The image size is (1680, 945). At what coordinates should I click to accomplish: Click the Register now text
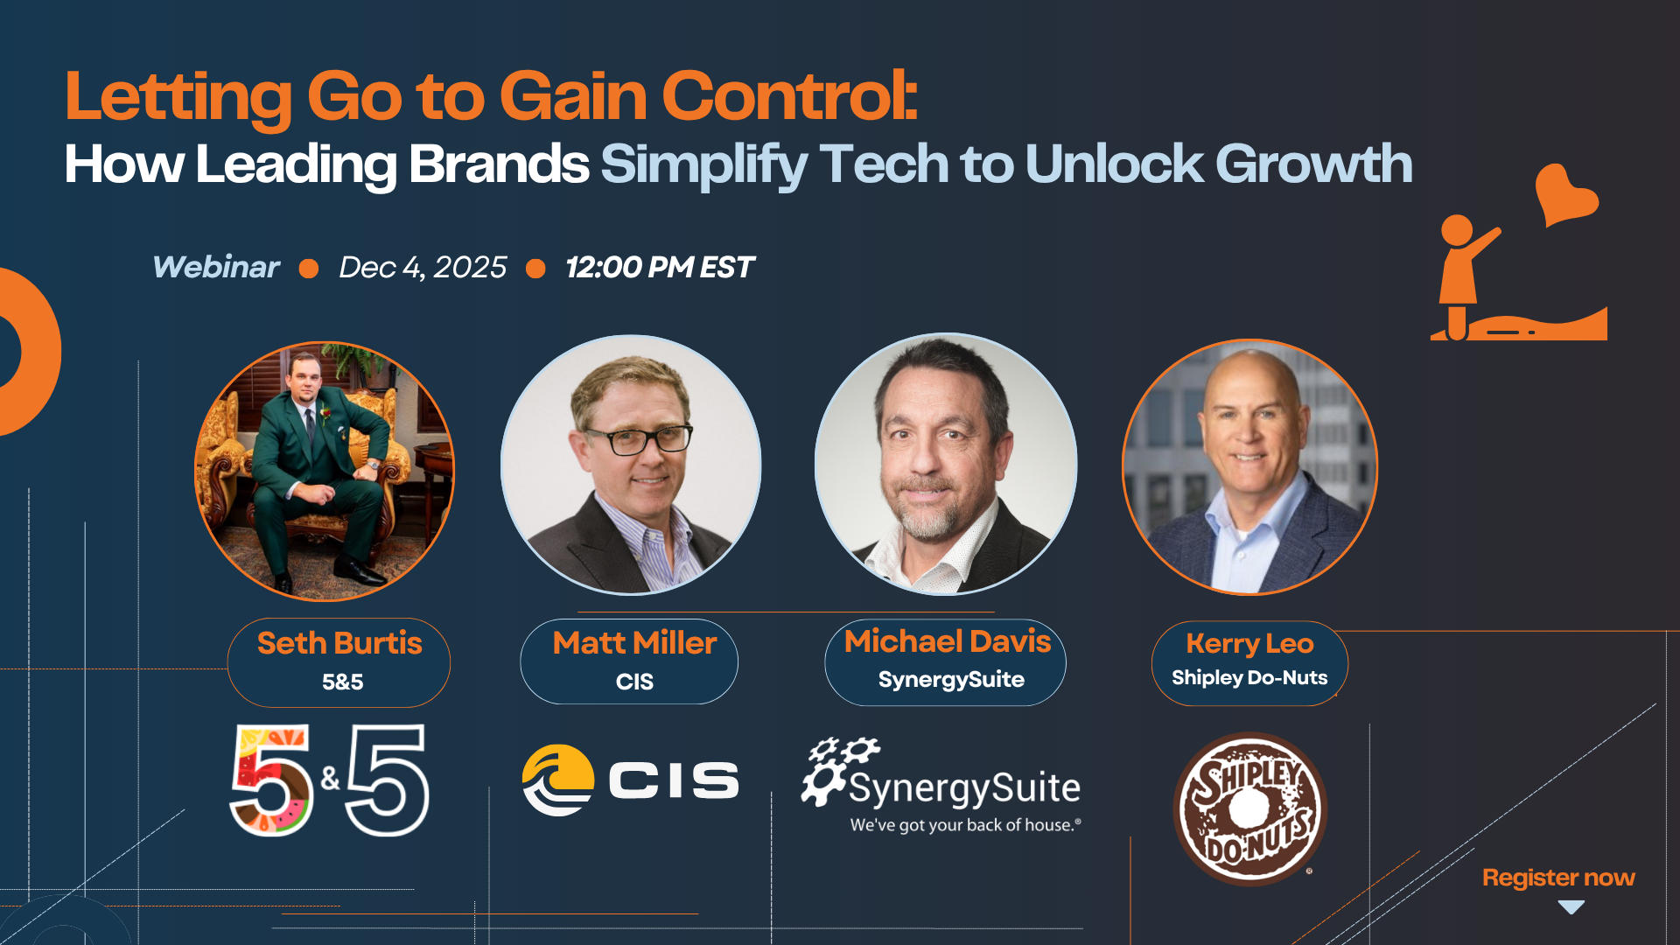coord(1557,878)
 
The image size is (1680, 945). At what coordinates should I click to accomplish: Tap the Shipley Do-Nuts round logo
coord(1249,808)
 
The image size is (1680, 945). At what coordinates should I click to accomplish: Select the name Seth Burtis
coord(339,643)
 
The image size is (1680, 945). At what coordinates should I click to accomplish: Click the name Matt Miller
coord(634,643)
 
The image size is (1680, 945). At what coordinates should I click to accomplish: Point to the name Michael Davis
coord(947,641)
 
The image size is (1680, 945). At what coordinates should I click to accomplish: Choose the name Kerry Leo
coord(1249,643)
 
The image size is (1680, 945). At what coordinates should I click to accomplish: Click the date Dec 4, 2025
coord(423,267)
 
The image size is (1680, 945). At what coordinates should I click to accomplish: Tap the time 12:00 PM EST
coord(659,267)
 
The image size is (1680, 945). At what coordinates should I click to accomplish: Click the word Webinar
coord(216,267)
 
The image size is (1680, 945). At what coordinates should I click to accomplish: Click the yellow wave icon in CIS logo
coord(557,780)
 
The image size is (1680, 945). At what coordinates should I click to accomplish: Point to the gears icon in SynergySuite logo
coord(837,767)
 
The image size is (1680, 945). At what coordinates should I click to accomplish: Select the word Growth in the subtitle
coord(1313,164)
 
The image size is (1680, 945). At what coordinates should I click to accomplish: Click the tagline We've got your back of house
coord(965,825)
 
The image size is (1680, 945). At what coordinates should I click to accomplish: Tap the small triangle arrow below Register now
coord(1571,907)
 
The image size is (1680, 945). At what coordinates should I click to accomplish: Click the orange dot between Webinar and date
coord(309,268)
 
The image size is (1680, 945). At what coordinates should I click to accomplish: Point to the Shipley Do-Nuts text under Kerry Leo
coord(1249,678)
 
